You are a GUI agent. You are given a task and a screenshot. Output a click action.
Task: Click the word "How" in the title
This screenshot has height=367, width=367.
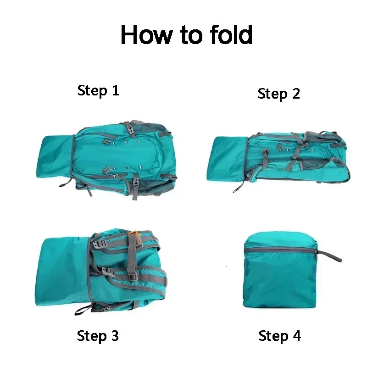pyautogui.click(x=146, y=35)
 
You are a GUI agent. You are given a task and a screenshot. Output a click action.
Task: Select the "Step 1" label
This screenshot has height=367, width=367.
pyautogui.click(x=98, y=90)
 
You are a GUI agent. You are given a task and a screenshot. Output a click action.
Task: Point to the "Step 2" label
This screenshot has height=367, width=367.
pyautogui.click(x=278, y=94)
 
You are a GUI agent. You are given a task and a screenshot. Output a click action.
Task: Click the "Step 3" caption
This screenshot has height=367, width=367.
pyautogui.click(x=98, y=336)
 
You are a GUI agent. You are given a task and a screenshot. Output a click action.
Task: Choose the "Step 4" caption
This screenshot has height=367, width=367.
pyautogui.click(x=279, y=336)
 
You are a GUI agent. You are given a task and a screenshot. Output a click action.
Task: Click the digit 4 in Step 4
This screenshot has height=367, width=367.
pyautogui.click(x=296, y=336)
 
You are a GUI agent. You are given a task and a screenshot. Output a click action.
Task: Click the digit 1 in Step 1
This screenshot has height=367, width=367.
pyautogui.click(x=115, y=90)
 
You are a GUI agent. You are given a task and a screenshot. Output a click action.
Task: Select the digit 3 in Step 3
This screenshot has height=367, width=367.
pyautogui.click(x=114, y=336)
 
